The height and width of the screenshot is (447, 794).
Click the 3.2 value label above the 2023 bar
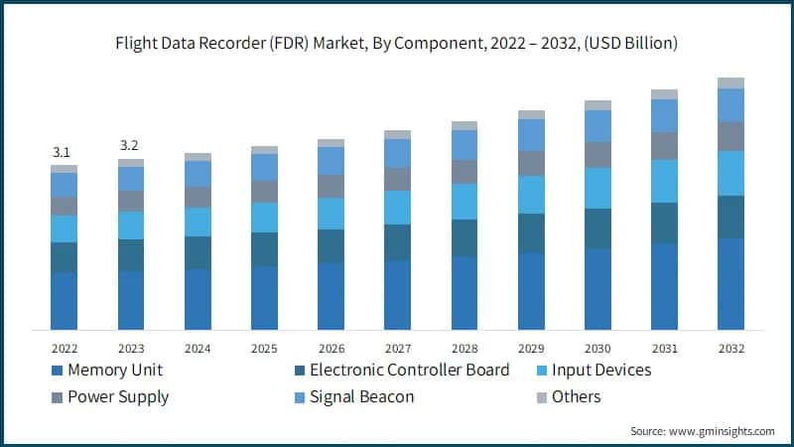point(130,146)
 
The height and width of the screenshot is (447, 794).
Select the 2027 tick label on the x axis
point(397,349)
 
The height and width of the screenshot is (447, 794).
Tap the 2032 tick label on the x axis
point(730,349)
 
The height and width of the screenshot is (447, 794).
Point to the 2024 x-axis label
point(198,349)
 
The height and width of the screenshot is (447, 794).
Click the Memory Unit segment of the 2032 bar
point(730,283)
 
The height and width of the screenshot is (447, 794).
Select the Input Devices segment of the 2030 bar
point(597,188)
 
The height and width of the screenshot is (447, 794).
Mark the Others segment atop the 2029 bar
point(531,115)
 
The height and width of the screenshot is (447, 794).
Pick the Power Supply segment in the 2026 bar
point(331,187)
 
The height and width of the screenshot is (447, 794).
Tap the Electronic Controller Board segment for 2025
point(264,249)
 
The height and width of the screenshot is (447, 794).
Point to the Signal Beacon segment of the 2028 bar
point(464,145)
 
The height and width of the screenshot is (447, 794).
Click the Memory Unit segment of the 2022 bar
point(64,300)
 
